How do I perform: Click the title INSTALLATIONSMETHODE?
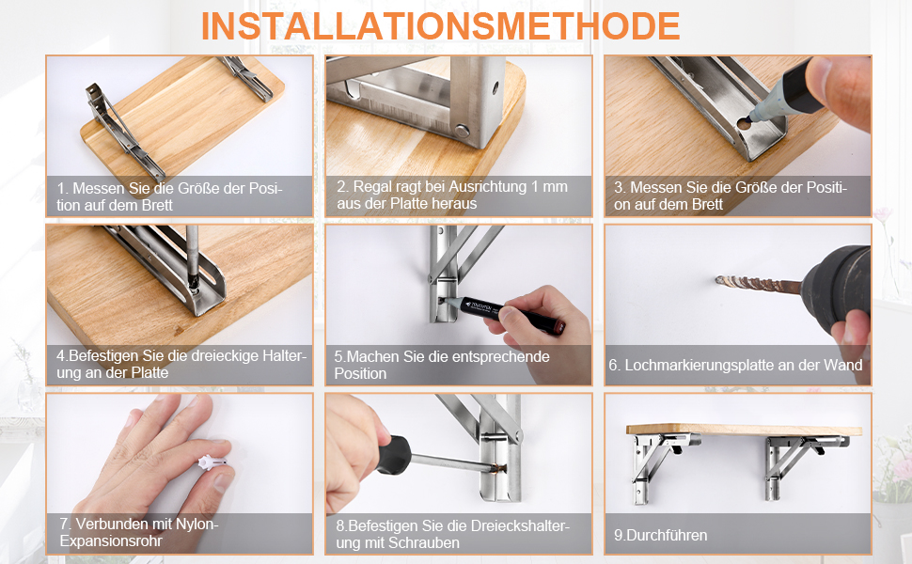(x=440, y=26)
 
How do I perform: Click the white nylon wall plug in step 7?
(x=212, y=462)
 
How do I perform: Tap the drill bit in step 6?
(x=759, y=285)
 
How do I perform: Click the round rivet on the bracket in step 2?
(x=462, y=131)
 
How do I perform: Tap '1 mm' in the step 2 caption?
(x=549, y=187)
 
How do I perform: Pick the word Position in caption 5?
(x=360, y=373)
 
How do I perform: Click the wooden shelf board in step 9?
(x=744, y=431)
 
